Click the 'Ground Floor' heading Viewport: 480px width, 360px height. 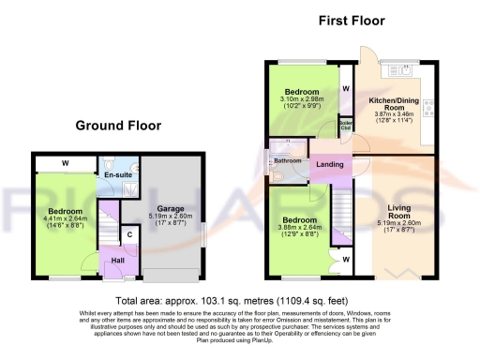118,126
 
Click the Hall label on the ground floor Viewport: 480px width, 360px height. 118,261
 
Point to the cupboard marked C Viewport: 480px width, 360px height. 127,234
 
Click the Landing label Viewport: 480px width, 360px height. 329,165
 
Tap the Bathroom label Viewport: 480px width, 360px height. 287,160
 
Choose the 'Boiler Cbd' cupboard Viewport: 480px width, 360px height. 346,124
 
